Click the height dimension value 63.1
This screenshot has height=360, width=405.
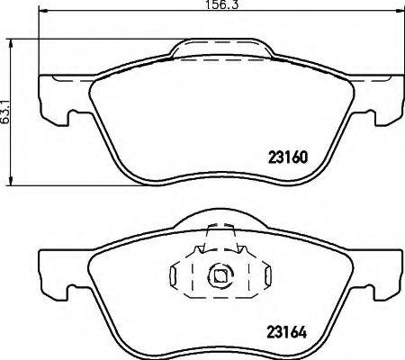6,112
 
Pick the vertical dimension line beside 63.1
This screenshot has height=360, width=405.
14,112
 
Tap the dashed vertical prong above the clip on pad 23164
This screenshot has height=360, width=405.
207,241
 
